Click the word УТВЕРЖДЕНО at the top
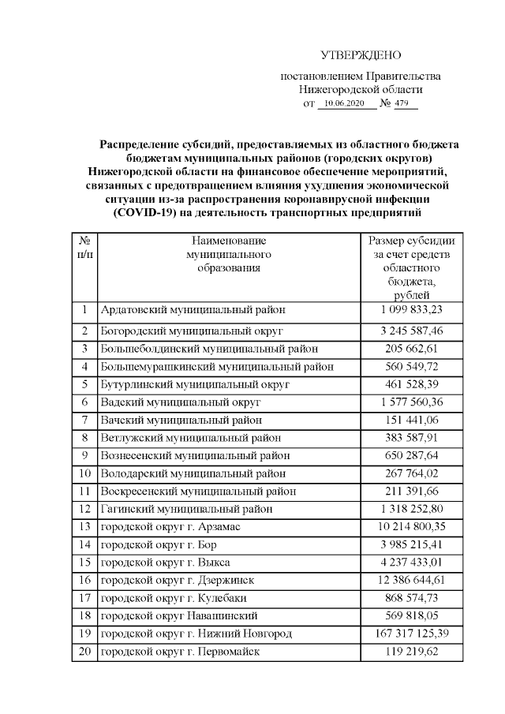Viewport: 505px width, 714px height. tap(361, 55)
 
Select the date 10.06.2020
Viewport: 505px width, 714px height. tap(346, 104)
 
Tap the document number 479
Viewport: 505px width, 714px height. tap(403, 104)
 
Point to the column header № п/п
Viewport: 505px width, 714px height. tap(84, 248)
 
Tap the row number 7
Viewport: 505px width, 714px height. tap(84, 419)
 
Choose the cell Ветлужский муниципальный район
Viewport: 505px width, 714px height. tap(191, 437)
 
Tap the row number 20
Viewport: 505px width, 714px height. tap(84, 652)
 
